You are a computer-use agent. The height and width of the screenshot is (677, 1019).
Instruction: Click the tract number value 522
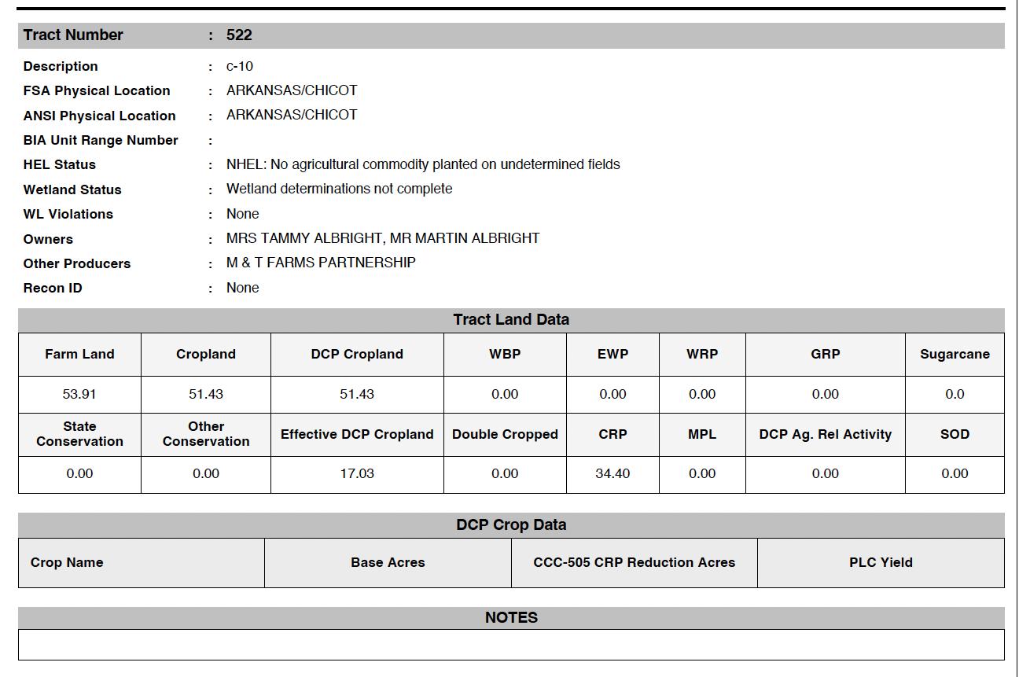pyautogui.click(x=239, y=35)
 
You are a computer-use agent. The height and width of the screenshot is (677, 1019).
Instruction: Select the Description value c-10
pyautogui.click(x=240, y=67)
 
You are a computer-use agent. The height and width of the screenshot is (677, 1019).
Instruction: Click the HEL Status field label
pyautogui.click(x=60, y=165)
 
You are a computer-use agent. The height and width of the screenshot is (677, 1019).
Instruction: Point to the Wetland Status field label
pyautogui.click(x=72, y=189)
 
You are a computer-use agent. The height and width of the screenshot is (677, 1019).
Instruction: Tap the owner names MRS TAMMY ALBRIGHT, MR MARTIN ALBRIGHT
pyautogui.click(x=383, y=238)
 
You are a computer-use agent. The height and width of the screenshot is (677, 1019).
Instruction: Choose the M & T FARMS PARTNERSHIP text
pyautogui.click(x=321, y=263)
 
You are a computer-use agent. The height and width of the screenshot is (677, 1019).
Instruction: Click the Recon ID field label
pyautogui.click(x=53, y=288)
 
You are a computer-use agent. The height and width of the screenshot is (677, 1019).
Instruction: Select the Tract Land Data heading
pyautogui.click(x=511, y=320)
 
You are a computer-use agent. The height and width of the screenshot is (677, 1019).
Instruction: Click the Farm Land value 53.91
pyautogui.click(x=79, y=395)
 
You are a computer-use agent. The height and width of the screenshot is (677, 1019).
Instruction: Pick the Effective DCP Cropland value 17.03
pyautogui.click(x=357, y=474)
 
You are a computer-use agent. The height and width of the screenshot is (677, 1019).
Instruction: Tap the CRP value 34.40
pyautogui.click(x=613, y=474)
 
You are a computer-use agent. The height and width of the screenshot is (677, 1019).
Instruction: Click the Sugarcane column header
pyautogui.click(x=955, y=355)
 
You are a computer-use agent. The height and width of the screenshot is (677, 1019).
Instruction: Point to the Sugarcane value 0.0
pyautogui.click(x=955, y=395)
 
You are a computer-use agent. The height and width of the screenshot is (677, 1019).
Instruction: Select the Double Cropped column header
pyautogui.click(x=505, y=435)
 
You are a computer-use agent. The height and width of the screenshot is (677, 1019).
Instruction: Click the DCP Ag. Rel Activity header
pyautogui.click(x=826, y=435)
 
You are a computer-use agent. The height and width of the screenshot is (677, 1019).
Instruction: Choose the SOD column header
pyautogui.click(x=955, y=435)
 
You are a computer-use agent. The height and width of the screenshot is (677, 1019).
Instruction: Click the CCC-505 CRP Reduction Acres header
pyautogui.click(x=634, y=563)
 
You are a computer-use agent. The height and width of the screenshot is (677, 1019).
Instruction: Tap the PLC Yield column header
pyautogui.click(x=881, y=563)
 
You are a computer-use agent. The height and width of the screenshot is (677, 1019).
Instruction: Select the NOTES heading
pyautogui.click(x=511, y=618)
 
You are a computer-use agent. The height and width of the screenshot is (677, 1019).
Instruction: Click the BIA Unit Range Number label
pyautogui.click(x=101, y=141)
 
